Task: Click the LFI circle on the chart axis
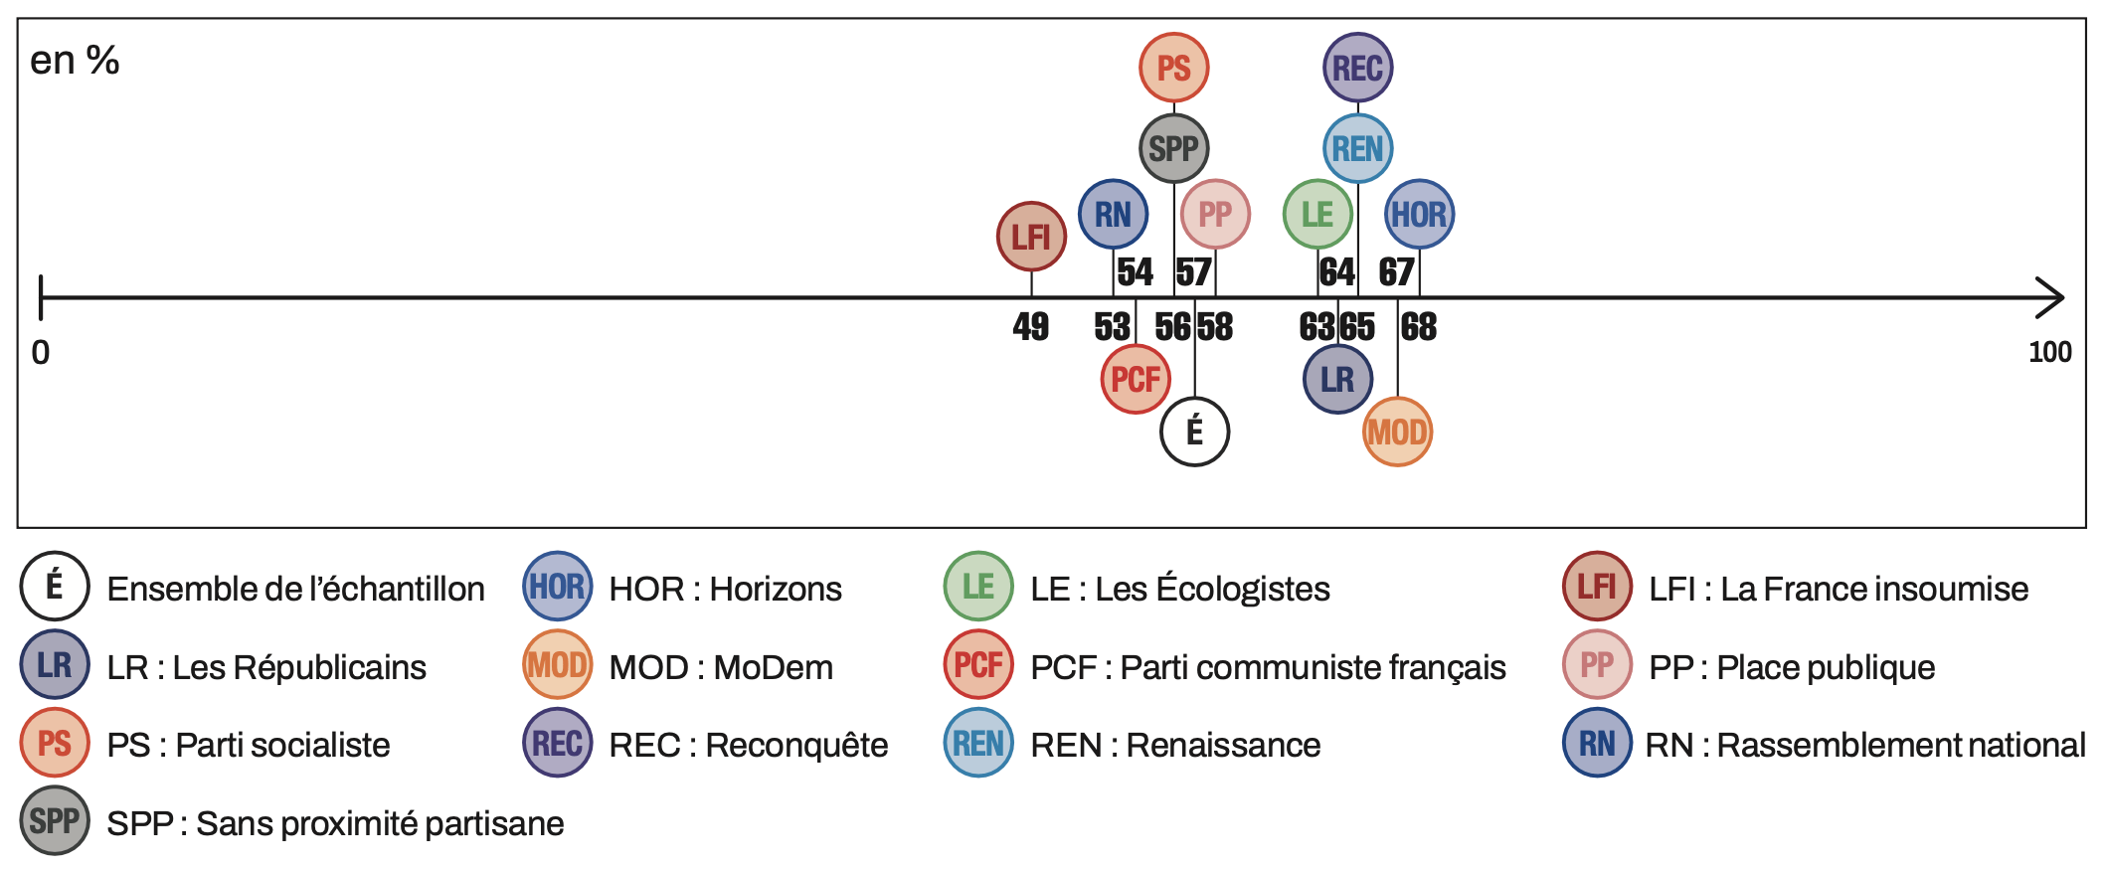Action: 1031,237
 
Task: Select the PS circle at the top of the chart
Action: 1173,68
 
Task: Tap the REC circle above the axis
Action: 1357,68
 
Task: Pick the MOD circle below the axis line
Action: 1397,432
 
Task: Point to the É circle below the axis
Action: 1194,432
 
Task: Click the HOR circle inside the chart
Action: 1419,214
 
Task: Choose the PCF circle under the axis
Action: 1136,379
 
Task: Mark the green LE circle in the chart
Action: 1317,214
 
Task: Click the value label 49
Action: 1031,326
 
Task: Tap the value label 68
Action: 1419,326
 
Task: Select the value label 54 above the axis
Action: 1135,271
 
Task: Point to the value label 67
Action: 1396,271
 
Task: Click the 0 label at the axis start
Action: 41,352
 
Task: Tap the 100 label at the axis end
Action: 2049,352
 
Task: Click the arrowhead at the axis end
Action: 2052,297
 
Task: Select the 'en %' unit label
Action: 75,61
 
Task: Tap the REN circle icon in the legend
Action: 978,743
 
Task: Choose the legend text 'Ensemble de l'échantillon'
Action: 295,589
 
